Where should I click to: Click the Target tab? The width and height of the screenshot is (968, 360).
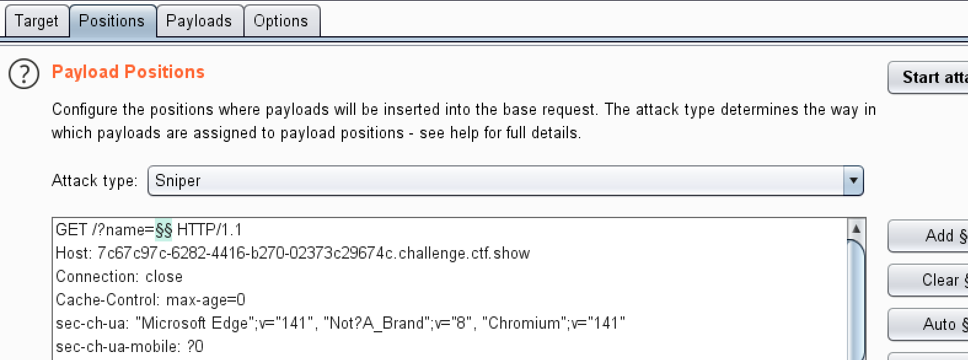pyautogui.click(x=36, y=21)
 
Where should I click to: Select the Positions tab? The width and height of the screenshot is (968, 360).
pyautogui.click(x=112, y=21)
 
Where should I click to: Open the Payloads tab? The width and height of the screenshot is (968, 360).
pyautogui.click(x=199, y=21)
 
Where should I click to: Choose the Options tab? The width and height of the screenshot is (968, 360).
pyautogui.click(x=281, y=21)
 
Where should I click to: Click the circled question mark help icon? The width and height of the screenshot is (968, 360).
pyautogui.click(x=24, y=74)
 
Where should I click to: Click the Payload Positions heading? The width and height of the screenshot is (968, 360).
pyautogui.click(x=128, y=72)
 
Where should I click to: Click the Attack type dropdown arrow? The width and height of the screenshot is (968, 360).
pyautogui.click(x=853, y=181)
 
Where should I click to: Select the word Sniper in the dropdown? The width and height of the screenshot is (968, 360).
pyautogui.click(x=178, y=181)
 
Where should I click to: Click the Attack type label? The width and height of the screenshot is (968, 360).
pyautogui.click(x=94, y=181)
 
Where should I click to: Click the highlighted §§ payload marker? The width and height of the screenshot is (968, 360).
pyautogui.click(x=163, y=230)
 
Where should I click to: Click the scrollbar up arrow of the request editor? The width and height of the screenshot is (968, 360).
pyautogui.click(x=856, y=229)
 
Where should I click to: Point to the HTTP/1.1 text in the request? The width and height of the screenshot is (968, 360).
pyautogui.click(x=209, y=230)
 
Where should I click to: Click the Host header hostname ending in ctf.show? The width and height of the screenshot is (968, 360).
pyautogui.click(x=313, y=253)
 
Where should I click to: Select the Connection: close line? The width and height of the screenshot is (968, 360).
pyautogui.click(x=119, y=276)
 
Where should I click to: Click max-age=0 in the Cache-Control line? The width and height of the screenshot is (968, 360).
pyautogui.click(x=205, y=300)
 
